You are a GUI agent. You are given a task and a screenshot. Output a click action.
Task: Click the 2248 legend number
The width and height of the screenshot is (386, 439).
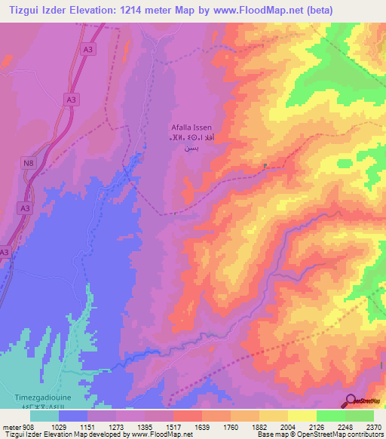(x=345, y=427)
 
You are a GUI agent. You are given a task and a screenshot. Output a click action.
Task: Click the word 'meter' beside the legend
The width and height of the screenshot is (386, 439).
(x=10, y=427)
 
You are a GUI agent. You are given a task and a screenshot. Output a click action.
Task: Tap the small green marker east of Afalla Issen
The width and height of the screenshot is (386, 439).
(x=265, y=167)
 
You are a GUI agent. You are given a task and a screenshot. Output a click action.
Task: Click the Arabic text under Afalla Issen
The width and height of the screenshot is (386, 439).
(x=195, y=143)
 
